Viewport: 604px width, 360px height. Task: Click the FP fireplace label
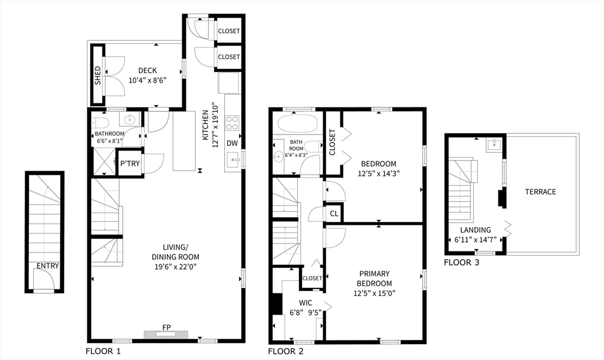166,328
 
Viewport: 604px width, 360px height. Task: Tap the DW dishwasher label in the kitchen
232,143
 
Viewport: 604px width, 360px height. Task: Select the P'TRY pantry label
130,164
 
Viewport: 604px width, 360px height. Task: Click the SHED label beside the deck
98,76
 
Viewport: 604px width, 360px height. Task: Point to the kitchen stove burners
232,123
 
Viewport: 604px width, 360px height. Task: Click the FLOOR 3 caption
461,263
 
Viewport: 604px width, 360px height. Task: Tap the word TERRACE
540,192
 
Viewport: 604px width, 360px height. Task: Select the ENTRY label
48,266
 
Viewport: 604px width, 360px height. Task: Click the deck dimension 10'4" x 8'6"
147,80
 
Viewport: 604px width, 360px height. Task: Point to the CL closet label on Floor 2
334,213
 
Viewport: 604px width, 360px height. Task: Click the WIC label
306,303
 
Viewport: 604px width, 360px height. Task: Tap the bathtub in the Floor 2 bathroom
298,124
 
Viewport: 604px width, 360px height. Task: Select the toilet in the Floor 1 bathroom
101,123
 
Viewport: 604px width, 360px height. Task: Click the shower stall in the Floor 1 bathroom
104,161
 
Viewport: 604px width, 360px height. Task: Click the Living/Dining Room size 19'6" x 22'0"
175,266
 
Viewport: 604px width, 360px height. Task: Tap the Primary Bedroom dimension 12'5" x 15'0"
375,293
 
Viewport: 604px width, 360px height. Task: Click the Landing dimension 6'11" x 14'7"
475,240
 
